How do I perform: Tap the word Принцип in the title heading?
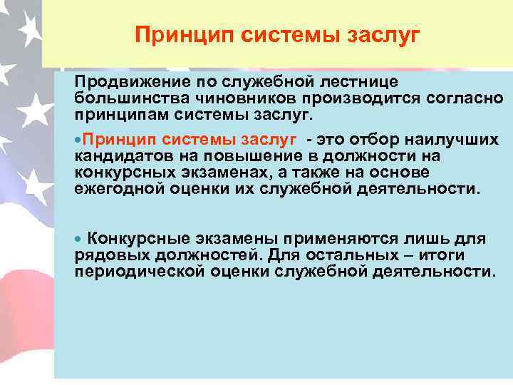point(178,34)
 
